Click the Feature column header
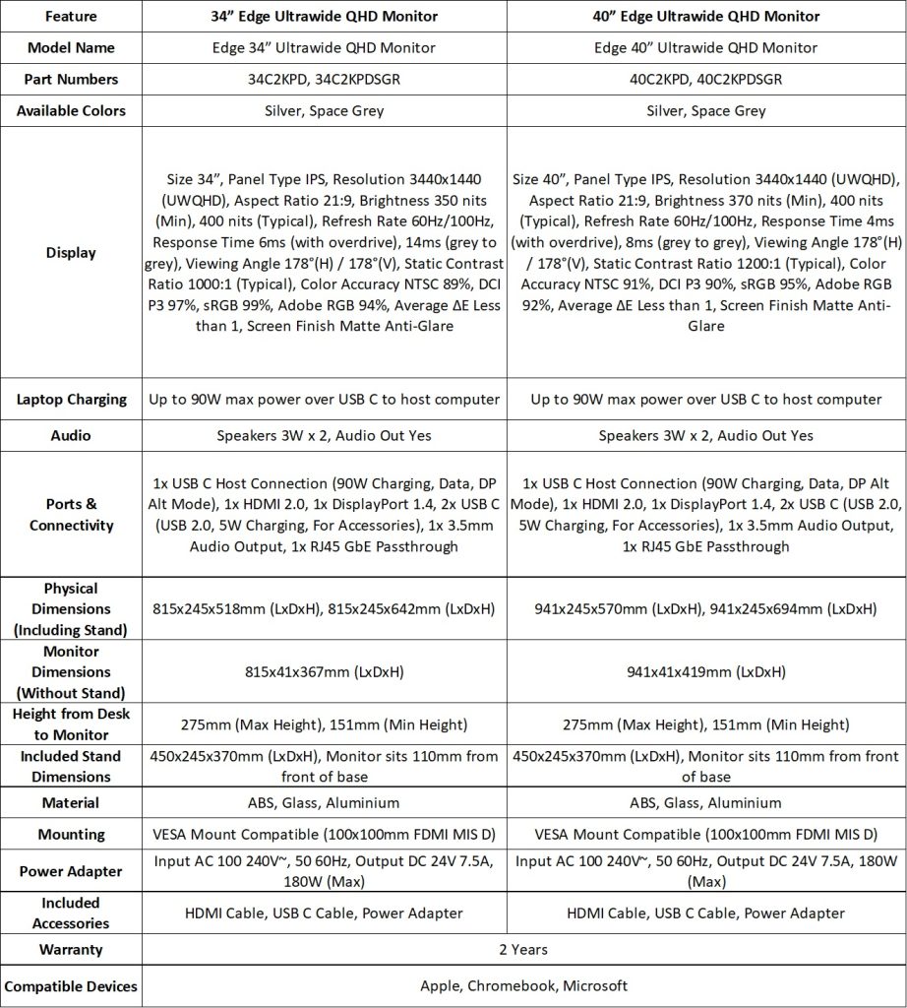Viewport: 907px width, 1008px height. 71,16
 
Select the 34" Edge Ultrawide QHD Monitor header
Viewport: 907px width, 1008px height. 324,16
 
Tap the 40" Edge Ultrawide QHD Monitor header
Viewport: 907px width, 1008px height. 705,16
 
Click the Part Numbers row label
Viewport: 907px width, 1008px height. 71,79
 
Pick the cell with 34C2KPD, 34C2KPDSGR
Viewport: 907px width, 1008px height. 324,79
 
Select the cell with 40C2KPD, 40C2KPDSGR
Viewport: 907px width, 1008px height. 705,79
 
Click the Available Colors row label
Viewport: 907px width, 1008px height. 71,110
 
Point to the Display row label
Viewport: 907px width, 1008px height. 71,253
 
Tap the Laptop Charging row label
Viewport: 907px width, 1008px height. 71,399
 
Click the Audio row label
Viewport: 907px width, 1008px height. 71,435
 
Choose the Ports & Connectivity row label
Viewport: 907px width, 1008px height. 71,515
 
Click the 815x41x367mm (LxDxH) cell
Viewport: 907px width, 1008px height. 324,672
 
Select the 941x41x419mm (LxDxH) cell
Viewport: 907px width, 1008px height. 705,672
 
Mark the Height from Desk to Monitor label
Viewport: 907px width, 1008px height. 71,724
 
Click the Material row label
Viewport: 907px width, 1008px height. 71,803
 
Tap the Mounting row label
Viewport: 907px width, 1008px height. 71,835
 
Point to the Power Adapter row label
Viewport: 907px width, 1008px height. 71,871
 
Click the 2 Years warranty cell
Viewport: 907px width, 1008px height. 523,950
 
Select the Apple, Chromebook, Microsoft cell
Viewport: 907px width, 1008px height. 523,985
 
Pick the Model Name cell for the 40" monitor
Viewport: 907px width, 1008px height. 705,47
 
